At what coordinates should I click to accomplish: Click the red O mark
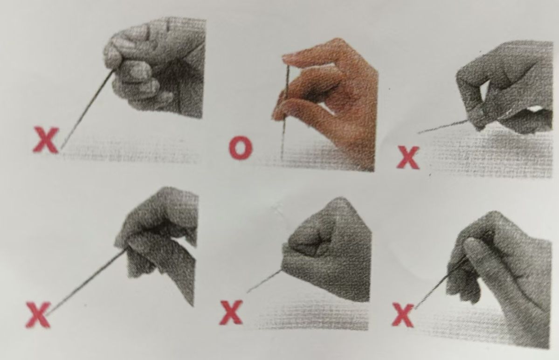[x=241, y=147]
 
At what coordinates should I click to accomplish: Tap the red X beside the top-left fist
[x=46, y=140]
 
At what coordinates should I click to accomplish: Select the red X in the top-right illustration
[x=408, y=157]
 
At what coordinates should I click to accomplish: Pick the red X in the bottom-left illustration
[x=38, y=314]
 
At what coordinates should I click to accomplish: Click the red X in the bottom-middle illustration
[x=231, y=312]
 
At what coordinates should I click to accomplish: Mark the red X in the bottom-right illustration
[x=403, y=314]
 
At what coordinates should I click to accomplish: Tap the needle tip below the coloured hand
[x=282, y=159]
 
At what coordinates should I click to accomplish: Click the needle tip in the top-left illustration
[x=62, y=148]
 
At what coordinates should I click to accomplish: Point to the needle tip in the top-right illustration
[x=418, y=133]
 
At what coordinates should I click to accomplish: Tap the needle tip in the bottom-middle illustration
[x=248, y=292]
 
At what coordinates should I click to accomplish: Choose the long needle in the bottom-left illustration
[x=86, y=282]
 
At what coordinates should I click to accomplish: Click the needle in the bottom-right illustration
[x=439, y=285]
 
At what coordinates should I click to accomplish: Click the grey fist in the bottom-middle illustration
[x=326, y=249]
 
